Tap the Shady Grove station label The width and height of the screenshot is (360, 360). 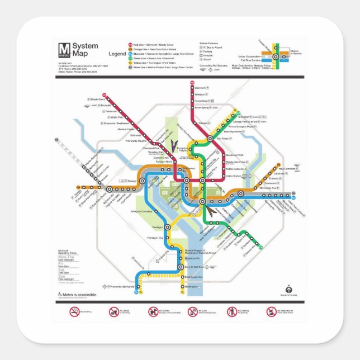pyautogui.click(x=98, y=100)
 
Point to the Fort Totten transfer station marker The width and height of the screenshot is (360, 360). pyautogui.click(x=210, y=138)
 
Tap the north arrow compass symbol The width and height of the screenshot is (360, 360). pyautogui.click(x=288, y=288)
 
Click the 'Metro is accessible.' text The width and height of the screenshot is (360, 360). pyautogui.click(x=80, y=294)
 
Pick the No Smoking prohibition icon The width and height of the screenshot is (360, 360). pyautogui.click(x=74, y=311)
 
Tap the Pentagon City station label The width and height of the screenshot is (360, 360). pyautogui.click(x=155, y=238)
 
